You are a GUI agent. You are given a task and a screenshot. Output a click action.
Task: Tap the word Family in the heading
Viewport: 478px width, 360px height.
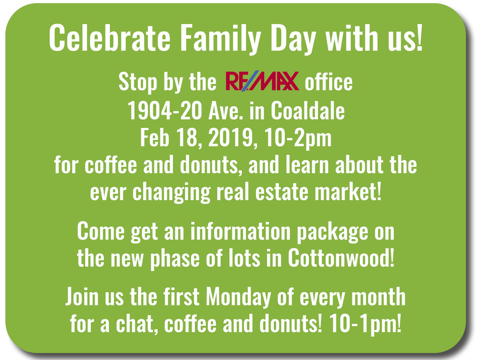221,39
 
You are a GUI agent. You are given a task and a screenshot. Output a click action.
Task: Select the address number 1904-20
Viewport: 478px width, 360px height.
165,111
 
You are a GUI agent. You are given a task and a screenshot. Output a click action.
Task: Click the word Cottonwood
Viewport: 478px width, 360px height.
341,258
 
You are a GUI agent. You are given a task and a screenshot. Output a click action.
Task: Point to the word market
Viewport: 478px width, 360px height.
348,192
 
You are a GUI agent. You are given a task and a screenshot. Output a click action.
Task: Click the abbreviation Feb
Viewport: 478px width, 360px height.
155,137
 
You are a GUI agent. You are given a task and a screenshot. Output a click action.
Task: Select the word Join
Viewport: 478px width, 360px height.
82,296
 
